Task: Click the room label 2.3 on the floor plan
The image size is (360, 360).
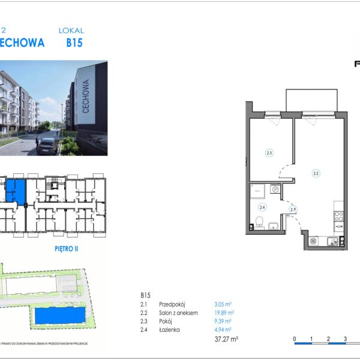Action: pos(269,153)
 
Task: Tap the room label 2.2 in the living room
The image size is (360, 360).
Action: pos(316,173)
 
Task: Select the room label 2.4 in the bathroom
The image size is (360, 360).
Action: pos(262,208)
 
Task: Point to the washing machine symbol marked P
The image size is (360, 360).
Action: pos(275,190)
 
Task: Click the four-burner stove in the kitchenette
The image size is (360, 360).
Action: pos(338,217)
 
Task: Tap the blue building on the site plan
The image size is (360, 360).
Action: pos(59,315)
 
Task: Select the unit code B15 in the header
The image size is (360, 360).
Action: pos(74,43)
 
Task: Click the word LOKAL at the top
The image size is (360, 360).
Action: pos(71,30)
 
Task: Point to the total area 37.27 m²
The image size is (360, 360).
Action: pos(226,339)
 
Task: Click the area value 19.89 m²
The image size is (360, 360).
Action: pos(224,313)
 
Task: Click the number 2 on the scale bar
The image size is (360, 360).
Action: pos(328,339)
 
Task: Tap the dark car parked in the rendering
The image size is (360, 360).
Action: pos(47,146)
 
